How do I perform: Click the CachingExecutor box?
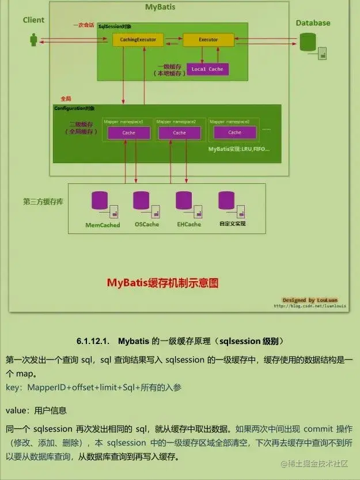point(138,40)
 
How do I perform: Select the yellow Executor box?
point(208,40)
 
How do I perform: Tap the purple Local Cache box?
point(207,69)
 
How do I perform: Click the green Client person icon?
point(34,40)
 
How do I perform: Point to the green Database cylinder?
point(308,41)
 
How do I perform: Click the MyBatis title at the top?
point(160,7)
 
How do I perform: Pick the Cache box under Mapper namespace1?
point(128,133)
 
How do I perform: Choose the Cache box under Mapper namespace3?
point(234,133)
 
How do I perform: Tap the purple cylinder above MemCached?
point(100,201)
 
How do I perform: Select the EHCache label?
point(189,224)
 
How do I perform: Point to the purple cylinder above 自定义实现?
point(226,201)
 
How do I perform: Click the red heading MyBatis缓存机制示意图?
point(163,283)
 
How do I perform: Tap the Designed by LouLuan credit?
point(310,300)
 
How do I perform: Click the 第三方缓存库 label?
point(43,202)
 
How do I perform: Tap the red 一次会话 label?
point(84,25)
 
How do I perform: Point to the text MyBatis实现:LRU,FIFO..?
point(238,149)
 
